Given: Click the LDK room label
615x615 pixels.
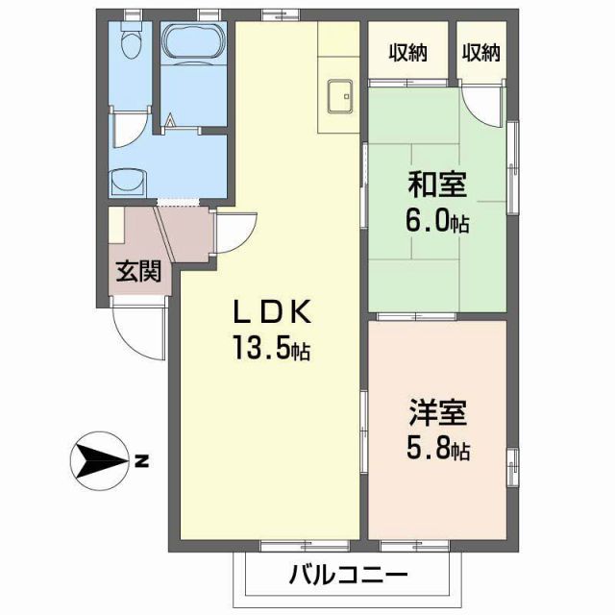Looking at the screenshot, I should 271,312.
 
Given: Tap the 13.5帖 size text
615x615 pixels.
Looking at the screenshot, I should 269,348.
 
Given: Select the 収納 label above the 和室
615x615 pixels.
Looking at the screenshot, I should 408,53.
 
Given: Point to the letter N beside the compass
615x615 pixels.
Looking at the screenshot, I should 141,462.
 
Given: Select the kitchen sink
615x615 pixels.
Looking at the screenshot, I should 339,96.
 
